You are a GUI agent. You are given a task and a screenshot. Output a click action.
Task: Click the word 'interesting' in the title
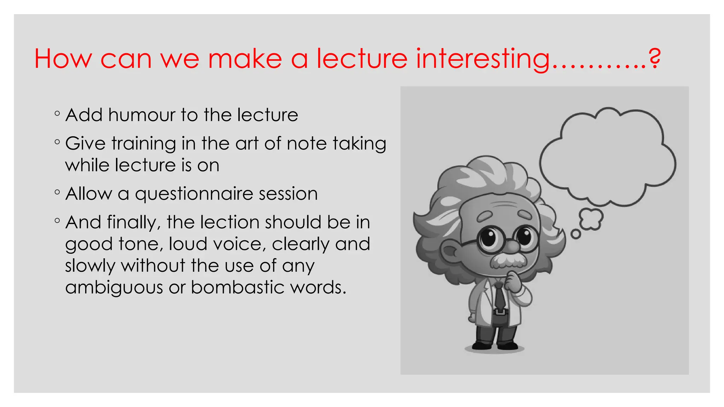483,59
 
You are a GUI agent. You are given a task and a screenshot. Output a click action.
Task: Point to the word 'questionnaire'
194,194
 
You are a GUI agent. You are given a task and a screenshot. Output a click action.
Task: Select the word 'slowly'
90,266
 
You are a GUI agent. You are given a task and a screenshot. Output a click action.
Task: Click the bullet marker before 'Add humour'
57,114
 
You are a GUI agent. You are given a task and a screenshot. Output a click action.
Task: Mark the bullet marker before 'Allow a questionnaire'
57,193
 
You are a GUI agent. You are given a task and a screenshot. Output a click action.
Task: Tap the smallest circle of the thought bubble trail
576,234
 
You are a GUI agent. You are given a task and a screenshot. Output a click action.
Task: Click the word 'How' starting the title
63,59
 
